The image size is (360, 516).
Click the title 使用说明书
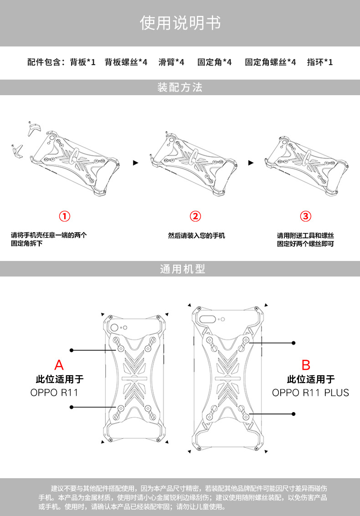click(x=180, y=23)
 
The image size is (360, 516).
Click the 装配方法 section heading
click(x=180, y=87)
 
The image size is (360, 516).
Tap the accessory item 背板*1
click(x=82, y=62)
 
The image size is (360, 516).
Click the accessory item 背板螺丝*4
click(x=126, y=62)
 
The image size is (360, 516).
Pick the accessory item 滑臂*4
click(x=171, y=62)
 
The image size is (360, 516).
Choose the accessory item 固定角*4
click(x=214, y=62)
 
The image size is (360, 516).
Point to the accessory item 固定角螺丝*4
click(x=270, y=62)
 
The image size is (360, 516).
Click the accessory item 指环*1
click(x=320, y=62)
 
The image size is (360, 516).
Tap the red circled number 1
click(x=66, y=216)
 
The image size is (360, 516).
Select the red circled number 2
click(x=195, y=216)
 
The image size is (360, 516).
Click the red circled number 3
click(x=305, y=216)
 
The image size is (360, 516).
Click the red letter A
click(x=59, y=365)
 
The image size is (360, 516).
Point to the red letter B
click(x=306, y=365)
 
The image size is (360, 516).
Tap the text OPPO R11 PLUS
click(x=310, y=393)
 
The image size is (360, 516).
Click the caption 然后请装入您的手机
click(x=196, y=236)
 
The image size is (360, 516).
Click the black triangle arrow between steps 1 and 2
click(x=135, y=162)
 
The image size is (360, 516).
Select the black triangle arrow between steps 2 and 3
click(x=251, y=162)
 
